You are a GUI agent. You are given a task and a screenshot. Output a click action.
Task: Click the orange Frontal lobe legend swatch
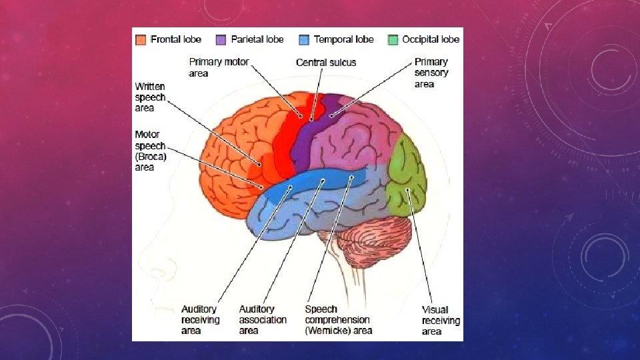[141, 39]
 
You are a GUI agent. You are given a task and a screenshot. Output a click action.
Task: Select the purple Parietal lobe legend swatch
[221, 39]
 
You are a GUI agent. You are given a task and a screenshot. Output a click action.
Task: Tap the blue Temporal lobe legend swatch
[305, 39]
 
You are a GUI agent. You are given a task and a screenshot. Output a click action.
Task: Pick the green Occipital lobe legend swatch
[393, 39]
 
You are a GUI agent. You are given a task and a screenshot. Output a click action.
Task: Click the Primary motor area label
[219, 67]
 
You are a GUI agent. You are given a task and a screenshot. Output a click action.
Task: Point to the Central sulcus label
[326, 63]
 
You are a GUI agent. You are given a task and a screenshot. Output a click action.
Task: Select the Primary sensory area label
[431, 73]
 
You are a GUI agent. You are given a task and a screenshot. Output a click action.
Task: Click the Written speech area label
[149, 97]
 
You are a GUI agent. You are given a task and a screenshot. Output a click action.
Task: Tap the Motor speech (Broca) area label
[150, 151]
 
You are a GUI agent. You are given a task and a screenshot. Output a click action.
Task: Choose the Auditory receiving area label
[200, 320]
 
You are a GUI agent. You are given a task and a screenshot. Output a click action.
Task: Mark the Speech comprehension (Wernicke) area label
[338, 320]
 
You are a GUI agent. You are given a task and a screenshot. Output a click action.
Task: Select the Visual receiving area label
[440, 320]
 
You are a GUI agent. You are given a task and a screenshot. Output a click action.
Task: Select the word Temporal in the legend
[333, 39]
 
